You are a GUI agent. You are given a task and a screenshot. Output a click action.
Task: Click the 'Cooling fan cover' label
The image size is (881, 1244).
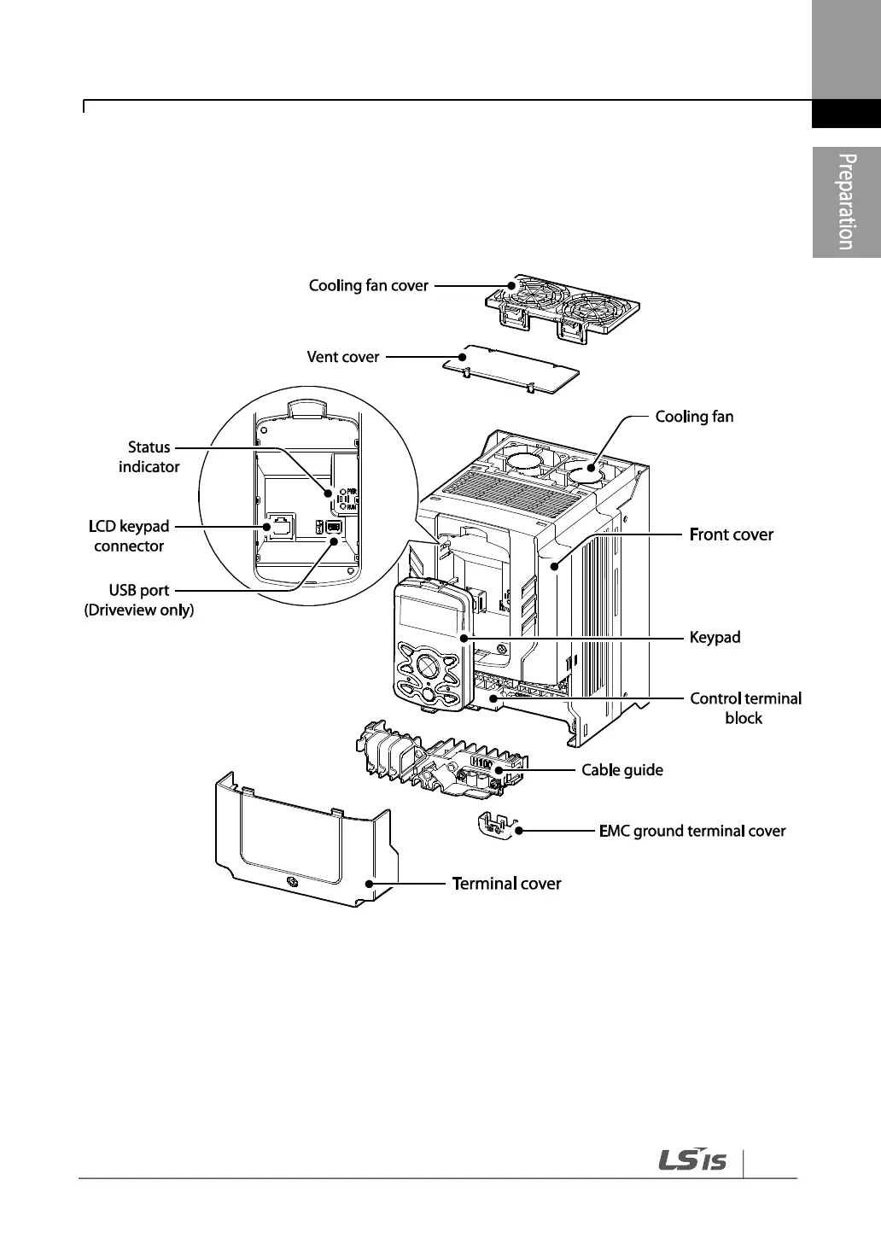368,285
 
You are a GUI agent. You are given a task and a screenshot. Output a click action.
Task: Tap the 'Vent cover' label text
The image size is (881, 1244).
343,357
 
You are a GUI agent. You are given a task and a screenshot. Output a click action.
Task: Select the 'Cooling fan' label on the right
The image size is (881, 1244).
694,417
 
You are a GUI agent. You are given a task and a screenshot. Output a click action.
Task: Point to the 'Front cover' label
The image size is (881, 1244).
731,534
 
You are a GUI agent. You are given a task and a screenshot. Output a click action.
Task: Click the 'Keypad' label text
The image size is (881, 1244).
715,637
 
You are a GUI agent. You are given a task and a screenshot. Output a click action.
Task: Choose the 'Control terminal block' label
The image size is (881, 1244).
745,708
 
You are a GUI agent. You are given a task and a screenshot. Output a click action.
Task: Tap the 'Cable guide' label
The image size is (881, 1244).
621,770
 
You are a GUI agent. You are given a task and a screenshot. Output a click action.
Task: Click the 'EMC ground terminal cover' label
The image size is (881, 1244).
692,831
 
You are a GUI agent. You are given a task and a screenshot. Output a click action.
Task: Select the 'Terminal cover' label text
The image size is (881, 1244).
506,884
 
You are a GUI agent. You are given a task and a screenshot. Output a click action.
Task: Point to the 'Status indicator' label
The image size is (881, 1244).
149,457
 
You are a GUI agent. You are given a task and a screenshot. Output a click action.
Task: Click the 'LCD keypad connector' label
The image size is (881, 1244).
129,536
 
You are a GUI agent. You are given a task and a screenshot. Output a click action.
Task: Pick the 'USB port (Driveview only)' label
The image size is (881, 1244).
139,600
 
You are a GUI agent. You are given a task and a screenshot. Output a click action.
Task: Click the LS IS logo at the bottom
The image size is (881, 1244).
692,1161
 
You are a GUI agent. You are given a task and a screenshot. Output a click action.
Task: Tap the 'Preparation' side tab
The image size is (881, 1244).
845,201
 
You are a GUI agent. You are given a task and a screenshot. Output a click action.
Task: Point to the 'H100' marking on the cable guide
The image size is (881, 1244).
481,762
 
